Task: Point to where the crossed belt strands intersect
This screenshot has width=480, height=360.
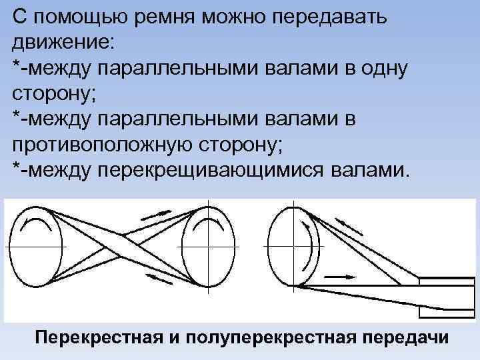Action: coord(123,247)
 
